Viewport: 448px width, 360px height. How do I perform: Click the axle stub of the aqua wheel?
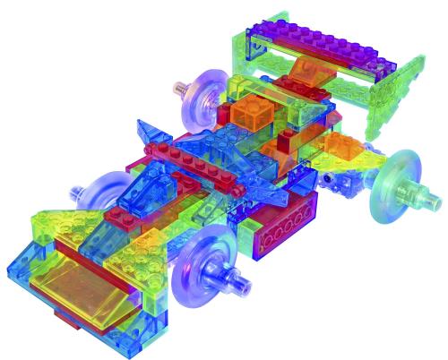[420, 191]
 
